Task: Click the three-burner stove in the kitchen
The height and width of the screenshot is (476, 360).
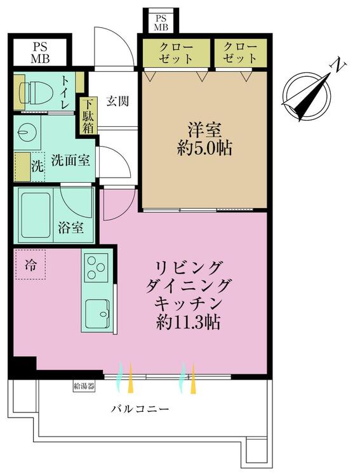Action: (x=97, y=267)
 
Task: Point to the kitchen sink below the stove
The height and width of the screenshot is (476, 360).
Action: (x=98, y=312)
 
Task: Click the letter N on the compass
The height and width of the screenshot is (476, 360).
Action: (x=341, y=64)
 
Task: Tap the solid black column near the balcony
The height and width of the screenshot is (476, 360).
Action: (x=25, y=367)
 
